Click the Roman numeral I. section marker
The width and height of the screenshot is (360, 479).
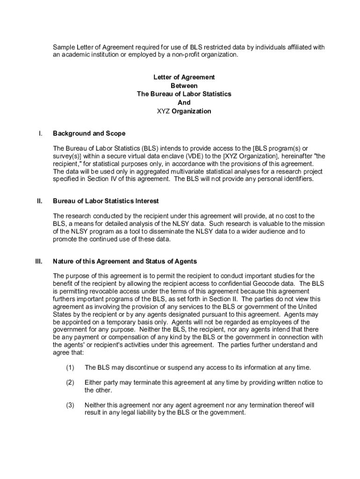coord(41,134)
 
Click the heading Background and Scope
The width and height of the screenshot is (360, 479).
coord(89,134)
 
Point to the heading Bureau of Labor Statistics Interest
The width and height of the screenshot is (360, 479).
coord(106,201)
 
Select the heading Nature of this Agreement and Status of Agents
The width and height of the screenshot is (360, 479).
coord(125,261)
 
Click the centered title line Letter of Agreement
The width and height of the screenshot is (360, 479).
coord(184,77)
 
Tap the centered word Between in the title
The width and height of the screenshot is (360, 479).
coord(184,86)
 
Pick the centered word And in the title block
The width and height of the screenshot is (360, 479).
coord(184,103)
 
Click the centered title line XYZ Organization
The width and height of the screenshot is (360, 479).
coord(184,111)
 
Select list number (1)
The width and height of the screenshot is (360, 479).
coord(70,368)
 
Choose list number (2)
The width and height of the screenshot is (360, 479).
coord(70,383)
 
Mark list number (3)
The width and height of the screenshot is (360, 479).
coord(70,405)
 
